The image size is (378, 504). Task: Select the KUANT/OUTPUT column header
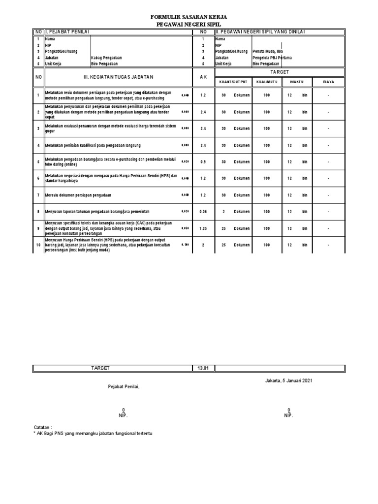click(x=233, y=82)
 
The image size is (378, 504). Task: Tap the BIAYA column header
click(x=328, y=82)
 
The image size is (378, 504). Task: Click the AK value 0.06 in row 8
click(x=203, y=212)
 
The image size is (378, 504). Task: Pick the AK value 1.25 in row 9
click(x=203, y=228)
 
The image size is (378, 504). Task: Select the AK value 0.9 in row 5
click(x=203, y=162)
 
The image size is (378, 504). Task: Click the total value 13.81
click(x=203, y=368)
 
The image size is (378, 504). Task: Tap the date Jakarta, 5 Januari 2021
click(x=288, y=380)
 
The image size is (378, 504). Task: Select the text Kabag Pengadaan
click(x=107, y=58)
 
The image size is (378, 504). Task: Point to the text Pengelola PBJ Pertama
click(x=272, y=58)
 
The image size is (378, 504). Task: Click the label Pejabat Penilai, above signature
click(x=124, y=387)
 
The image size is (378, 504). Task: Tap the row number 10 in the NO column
click(x=38, y=245)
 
